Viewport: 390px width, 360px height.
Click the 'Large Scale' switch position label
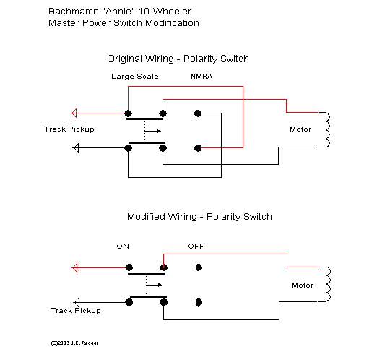(135, 77)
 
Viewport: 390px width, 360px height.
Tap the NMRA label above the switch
(201, 76)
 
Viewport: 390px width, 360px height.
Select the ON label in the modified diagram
(123, 247)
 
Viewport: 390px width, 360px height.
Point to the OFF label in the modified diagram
(196, 247)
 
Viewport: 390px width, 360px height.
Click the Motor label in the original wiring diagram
(300, 129)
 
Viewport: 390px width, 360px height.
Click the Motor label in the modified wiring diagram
(303, 285)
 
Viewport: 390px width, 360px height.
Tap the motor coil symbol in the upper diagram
(327, 129)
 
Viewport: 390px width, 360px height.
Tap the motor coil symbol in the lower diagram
(327, 284)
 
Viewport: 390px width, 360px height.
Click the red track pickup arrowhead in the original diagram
(74, 113)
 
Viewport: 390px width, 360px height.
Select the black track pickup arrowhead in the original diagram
(76, 148)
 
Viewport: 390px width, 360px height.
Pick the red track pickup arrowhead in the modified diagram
(74, 268)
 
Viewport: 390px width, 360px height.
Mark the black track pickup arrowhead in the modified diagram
(77, 302)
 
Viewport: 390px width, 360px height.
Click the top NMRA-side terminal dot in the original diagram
(198, 113)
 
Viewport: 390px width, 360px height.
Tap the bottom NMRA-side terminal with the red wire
(198, 148)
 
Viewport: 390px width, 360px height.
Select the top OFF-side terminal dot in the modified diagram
(199, 267)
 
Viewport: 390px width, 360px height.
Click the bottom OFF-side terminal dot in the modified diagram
(199, 302)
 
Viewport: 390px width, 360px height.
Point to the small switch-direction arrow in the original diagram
(152, 131)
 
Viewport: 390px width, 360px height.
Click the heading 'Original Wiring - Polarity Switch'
(178, 59)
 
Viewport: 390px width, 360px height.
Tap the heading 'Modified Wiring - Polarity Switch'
(199, 217)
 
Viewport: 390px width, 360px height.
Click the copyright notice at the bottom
(74, 343)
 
